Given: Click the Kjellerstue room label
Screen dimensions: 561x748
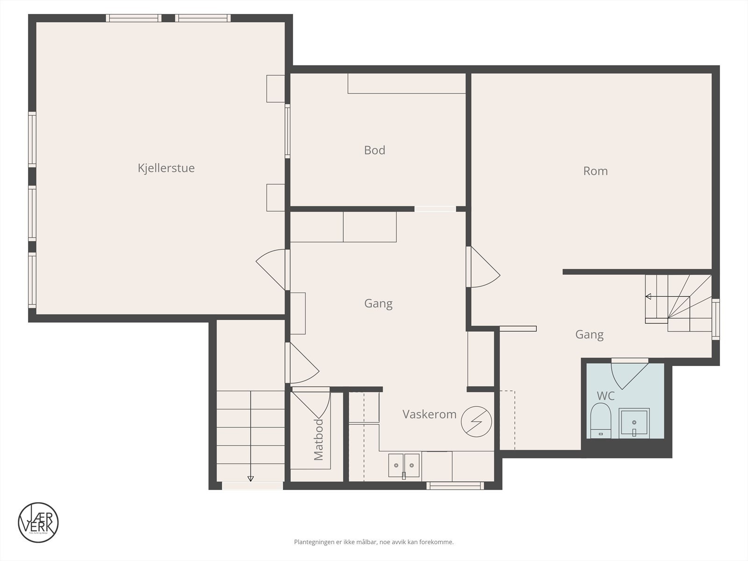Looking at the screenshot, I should click(x=166, y=168).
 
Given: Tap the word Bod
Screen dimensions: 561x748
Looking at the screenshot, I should click(x=374, y=150).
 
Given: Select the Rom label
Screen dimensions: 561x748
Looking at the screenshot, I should click(x=595, y=171).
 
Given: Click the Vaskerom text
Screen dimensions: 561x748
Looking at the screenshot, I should click(x=429, y=414).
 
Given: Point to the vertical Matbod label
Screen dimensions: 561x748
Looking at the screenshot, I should click(x=318, y=440).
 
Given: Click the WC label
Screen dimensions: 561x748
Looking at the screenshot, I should click(x=605, y=396).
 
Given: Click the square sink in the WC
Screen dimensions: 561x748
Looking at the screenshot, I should click(x=634, y=423).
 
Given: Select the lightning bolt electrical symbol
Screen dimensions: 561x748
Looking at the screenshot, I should click(x=476, y=421).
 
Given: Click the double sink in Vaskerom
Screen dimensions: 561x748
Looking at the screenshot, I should click(x=403, y=465).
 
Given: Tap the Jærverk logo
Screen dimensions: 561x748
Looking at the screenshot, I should click(x=38, y=523).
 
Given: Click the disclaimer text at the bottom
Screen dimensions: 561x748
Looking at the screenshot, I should click(x=374, y=542).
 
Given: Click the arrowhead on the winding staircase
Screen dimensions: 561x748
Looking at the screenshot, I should click(x=648, y=296).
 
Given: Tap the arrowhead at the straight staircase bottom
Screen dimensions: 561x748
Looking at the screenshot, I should click(x=251, y=478).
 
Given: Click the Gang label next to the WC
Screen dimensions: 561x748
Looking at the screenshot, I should click(x=589, y=335).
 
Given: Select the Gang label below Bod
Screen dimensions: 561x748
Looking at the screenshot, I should click(x=378, y=304).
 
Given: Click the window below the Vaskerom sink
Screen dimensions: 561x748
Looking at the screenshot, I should click(x=455, y=486).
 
